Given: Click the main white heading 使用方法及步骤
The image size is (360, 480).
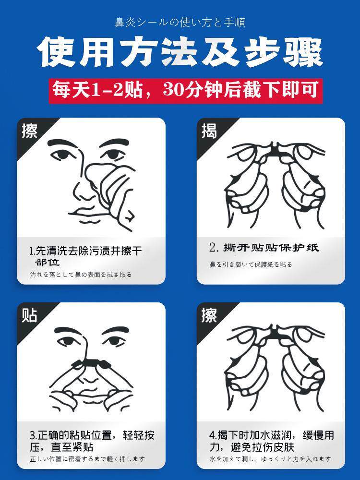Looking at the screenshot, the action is [x=180, y=52].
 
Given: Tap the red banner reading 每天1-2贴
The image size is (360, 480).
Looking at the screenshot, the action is [x=186, y=91].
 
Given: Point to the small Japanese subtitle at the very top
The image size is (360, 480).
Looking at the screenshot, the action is [x=180, y=23].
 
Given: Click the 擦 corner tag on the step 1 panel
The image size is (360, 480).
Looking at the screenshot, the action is [x=29, y=131].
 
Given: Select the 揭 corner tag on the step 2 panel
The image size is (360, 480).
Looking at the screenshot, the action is [x=209, y=131].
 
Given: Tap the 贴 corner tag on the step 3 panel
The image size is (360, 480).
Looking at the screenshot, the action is [x=29, y=315].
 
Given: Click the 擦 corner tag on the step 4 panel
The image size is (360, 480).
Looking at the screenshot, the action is [x=209, y=315].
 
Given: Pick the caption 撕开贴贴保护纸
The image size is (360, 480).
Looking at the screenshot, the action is [x=264, y=247].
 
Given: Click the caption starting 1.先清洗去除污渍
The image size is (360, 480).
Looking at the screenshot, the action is [x=86, y=256].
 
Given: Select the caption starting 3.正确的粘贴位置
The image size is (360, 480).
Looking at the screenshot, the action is [x=92, y=441].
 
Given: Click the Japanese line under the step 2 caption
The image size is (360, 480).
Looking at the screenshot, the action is [x=251, y=264].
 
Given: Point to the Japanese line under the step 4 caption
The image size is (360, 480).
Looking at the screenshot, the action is [x=270, y=459].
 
